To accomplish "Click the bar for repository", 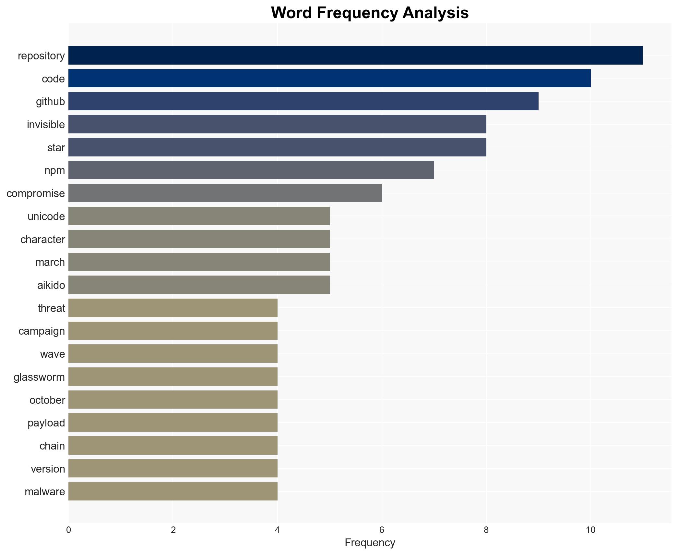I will tap(355, 55).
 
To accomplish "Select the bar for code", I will tap(329, 79).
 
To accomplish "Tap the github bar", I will tap(303, 101).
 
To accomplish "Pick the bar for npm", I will tap(251, 170).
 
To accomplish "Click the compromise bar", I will tap(225, 193).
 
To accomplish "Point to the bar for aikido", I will tap(199, 285).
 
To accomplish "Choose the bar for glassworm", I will tap(173, 377).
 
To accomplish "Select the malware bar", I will tap(173, 491).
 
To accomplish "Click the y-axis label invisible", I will tap(46, 125).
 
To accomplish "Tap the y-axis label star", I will tap(56, 148).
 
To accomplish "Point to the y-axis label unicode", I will tap(46, 216).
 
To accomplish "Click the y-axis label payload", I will tap(46, 423).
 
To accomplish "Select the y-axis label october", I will tap(47, 400).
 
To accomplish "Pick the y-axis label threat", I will tap(51, 308).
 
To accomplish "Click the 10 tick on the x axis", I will tap(590, 530).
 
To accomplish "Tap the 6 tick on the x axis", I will tap(382, 530).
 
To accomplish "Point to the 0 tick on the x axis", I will tap(68, 530).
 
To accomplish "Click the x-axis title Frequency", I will tap(370, 543).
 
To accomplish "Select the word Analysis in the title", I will tap(435, 13).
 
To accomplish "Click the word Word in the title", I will tap(291, 13).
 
